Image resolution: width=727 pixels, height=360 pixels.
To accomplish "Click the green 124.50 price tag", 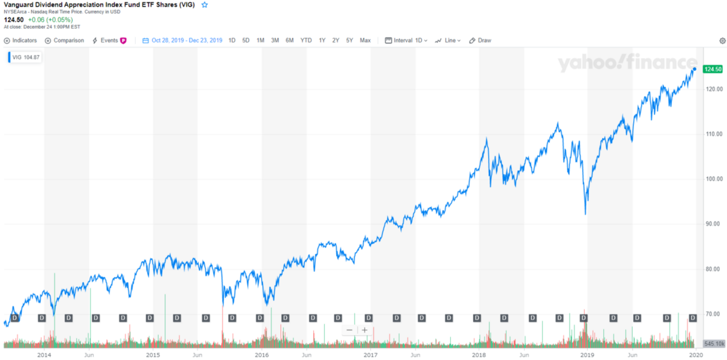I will [x=711, y=69].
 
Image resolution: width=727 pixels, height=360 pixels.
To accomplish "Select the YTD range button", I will [x=306, y=40].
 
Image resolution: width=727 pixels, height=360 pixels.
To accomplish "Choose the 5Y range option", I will [x=350, y=40].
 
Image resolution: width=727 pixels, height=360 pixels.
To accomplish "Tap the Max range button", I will [x=365, y=40].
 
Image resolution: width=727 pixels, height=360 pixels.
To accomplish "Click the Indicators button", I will [x=21, y=40].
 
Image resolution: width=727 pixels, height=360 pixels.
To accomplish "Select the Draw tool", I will [x=480, y=40].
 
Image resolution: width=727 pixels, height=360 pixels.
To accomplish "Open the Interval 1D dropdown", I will [x=407, y=40].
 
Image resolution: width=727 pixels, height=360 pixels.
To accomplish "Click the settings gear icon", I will [x=722, y=41].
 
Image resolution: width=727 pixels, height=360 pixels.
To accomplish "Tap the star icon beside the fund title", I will [x=205, y=4].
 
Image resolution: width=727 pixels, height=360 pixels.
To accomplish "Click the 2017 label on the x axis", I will [x=370, y=354].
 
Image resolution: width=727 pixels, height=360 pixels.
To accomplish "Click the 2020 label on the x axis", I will [x=695, y=354].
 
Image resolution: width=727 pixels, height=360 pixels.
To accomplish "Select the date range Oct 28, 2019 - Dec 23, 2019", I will [x=182, y=40].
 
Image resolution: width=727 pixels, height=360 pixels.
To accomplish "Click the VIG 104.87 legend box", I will [x=26, y=57].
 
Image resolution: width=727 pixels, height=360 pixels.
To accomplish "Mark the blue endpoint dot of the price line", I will [x=695, y=69].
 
